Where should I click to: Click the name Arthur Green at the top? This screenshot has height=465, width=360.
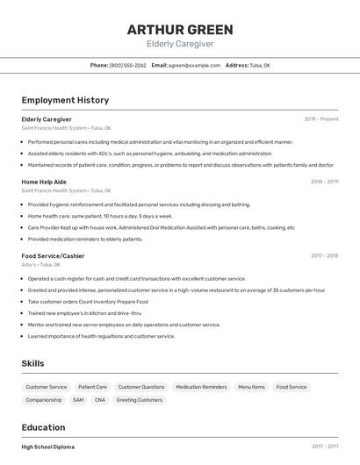coord(180,29)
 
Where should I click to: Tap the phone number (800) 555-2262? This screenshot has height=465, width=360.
coord(127,65)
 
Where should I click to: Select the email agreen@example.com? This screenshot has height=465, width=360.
coord(194,65)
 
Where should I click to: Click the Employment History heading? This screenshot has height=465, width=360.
coord(65,100)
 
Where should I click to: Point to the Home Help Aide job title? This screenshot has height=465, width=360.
coord(44,182)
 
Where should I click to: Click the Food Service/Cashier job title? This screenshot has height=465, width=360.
coord(53,256)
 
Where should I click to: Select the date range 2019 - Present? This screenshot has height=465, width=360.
coord(320,118)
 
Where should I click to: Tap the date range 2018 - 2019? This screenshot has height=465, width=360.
coord(324,182)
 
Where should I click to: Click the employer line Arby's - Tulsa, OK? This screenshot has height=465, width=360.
coord(40,264)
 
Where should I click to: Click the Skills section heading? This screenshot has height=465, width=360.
coord(32,363)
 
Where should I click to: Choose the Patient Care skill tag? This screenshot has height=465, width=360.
coord(92,387)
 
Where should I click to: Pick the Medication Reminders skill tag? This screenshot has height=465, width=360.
coord(201,387)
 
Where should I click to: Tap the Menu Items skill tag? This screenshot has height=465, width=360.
coord(251,387)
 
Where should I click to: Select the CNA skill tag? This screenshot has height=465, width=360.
coord(100,400)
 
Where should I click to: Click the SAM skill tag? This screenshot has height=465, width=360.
coord(78,400)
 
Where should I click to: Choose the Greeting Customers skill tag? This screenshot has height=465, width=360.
coord(140,400)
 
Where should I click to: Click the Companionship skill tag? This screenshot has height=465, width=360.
coord(44,400)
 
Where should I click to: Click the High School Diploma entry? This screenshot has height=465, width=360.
coord(47,447)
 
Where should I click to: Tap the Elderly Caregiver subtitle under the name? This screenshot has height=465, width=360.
coord(180,44)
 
